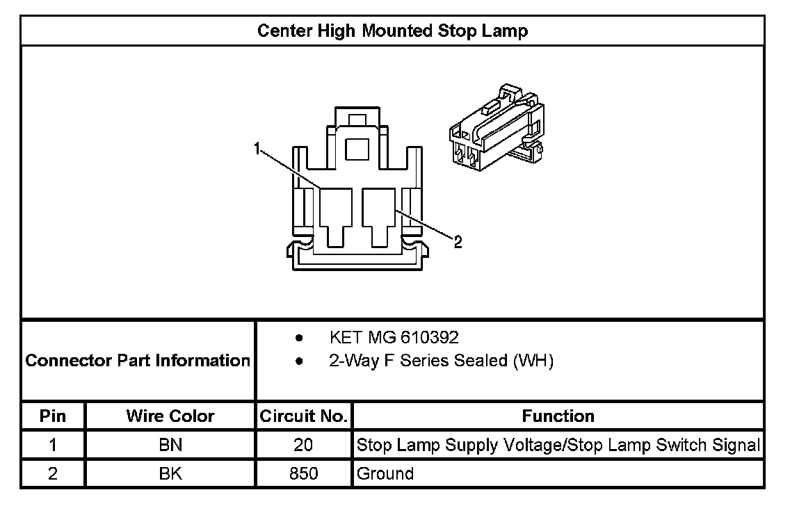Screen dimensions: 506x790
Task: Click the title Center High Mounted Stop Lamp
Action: (392, 31)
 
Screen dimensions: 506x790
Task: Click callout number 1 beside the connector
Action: (257, 148)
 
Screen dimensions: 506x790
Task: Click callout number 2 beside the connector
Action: (457, 242)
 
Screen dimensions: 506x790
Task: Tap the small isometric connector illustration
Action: (495, 129)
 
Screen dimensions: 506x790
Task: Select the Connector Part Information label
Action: (138, 361)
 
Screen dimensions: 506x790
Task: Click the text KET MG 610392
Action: (394, 338)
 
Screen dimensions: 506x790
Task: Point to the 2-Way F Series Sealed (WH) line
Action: (441, 361)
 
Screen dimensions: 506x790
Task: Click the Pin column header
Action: (54, 416)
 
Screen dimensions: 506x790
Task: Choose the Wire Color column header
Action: (170, 416)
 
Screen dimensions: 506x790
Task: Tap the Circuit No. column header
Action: (303, 416)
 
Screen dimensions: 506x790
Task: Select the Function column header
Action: (558, 416)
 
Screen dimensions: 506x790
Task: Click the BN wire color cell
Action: (170, 445)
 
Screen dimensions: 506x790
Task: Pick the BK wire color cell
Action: (170, 474)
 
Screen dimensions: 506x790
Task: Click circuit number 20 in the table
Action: (303, 445)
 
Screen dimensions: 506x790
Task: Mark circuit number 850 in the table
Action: (303, 474)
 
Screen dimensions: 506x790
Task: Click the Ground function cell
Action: (385, 474)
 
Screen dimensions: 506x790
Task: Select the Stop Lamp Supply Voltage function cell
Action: (558, 445)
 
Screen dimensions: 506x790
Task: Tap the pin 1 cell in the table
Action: (54, 445)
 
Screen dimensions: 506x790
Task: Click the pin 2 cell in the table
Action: (54, 474)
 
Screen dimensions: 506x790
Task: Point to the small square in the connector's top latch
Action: (358, 148)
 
